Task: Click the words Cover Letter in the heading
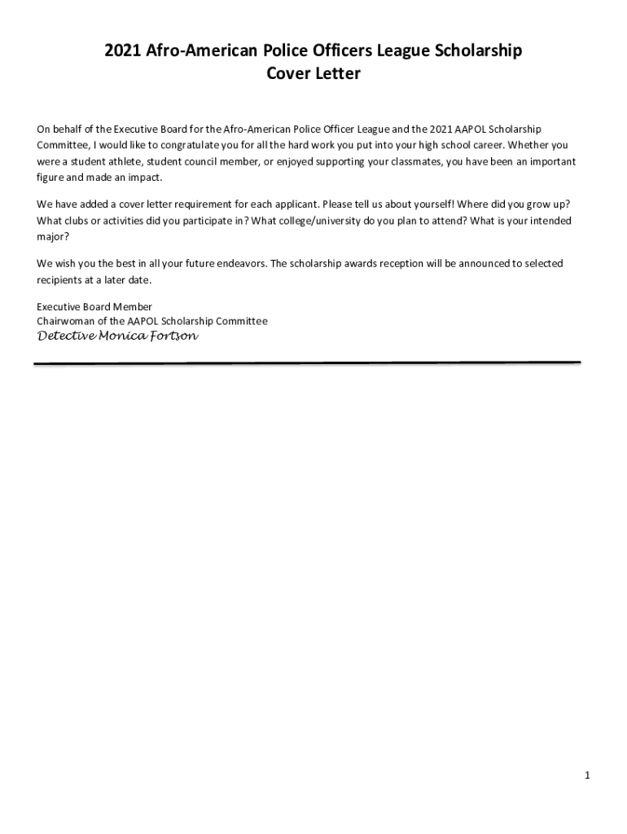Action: tap(313, 74)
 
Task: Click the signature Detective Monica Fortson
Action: tap(117, 336)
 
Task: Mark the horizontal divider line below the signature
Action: tap(306, 363)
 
